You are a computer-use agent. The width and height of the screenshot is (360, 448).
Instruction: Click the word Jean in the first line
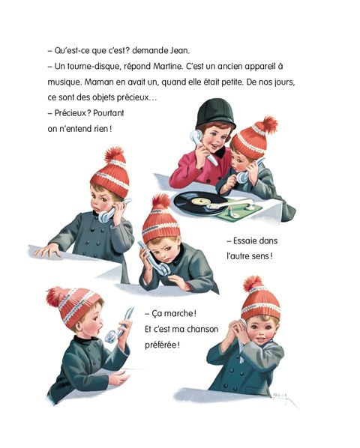click(179, 51)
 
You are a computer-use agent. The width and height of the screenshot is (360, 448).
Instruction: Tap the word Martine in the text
click(168, 66)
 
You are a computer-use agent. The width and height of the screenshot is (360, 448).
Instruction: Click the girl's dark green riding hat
click(215, 114)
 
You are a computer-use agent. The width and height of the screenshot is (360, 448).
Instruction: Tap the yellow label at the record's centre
click(201, 201)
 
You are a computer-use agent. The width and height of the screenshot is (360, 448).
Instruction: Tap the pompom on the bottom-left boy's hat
click(55, 297)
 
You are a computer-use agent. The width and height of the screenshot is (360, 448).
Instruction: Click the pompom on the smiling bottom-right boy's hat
click(253, 284)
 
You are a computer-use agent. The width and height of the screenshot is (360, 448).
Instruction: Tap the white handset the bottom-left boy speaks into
click(118, 326)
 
